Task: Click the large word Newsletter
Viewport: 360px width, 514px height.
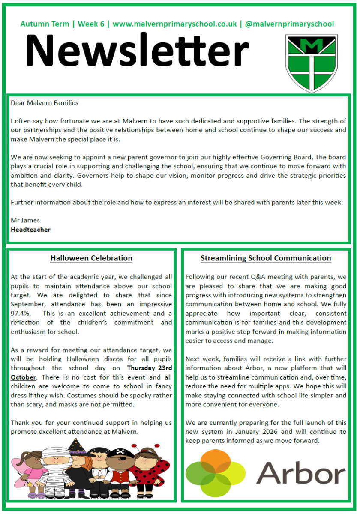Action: click(137, 50)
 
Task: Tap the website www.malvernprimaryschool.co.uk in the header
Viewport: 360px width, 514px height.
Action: click(174, 24)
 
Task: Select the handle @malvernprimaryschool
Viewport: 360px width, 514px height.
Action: click(289, 24)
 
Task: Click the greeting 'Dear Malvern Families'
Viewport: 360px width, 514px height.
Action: click(45, 103)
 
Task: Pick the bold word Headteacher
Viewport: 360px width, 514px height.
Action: click(30, 230)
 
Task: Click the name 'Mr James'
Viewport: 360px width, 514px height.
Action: click(25, 220)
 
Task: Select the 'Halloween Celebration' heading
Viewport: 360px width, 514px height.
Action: click(91, 258)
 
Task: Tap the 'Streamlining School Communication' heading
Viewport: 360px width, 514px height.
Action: click(266, 258)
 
